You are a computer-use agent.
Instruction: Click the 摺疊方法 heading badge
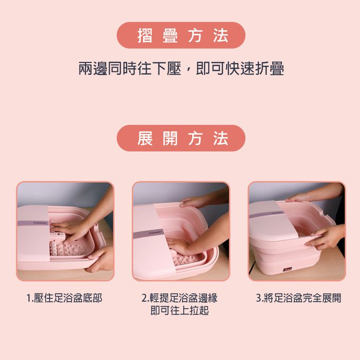pyautogui.click(x=181, y=35)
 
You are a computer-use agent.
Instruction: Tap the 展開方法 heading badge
pyautogui.click(x=181, y=138)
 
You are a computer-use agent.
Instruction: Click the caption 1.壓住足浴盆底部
pyautogui.click(x=64, y=298)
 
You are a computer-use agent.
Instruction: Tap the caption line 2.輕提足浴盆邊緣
pyautogui.click(x=179, y=298)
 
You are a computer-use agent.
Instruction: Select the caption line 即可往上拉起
pyautogui.click(x=179, y=311)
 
